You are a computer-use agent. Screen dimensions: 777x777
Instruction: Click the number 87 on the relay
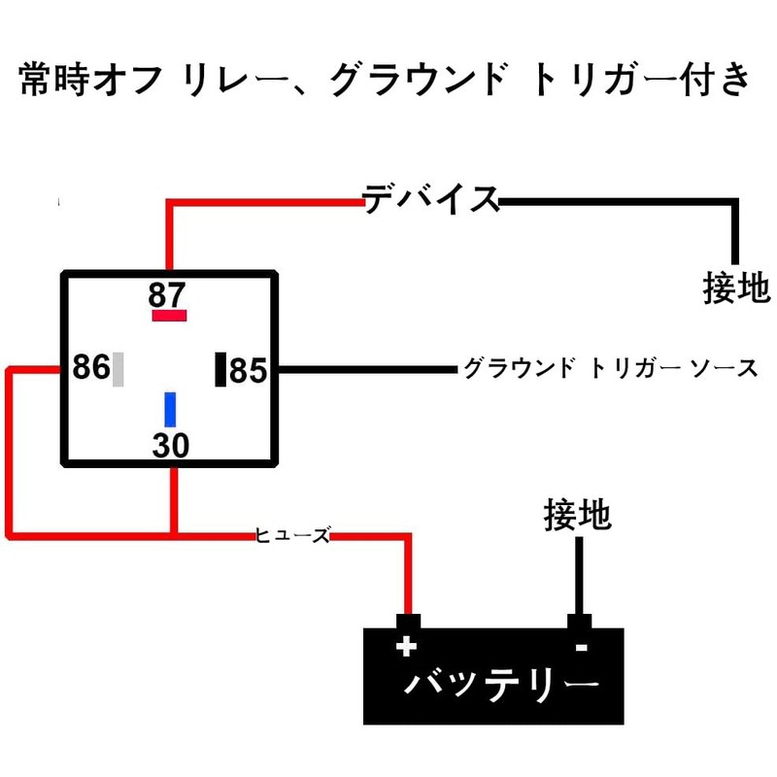(x=167, y=293)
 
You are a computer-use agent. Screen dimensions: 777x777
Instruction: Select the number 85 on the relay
(x=248, y=370)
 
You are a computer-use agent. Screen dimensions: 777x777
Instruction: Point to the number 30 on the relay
(x=170, y=445)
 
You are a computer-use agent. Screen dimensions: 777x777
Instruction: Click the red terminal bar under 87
(x=168, y=316)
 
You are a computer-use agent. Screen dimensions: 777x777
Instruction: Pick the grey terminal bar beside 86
(x=118, y=370)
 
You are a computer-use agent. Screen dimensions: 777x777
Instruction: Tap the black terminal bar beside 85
(x=220, y=370)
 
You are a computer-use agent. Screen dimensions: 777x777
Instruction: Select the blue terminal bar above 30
(x=170, y=409)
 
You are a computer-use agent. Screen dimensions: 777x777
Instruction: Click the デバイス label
(x=430, y=199)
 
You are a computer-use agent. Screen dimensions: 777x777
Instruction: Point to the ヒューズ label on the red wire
(x=292, y=534)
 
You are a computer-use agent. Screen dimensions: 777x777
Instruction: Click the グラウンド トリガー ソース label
(x=609, y=369)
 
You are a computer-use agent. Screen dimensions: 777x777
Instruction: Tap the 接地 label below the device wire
(x=735, y=288)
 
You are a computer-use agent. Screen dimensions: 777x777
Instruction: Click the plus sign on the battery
(x=406, y=646)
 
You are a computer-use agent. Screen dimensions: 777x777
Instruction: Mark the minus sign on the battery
(x=580, y=647)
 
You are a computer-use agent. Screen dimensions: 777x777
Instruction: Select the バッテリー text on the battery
(x=499, y=686)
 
